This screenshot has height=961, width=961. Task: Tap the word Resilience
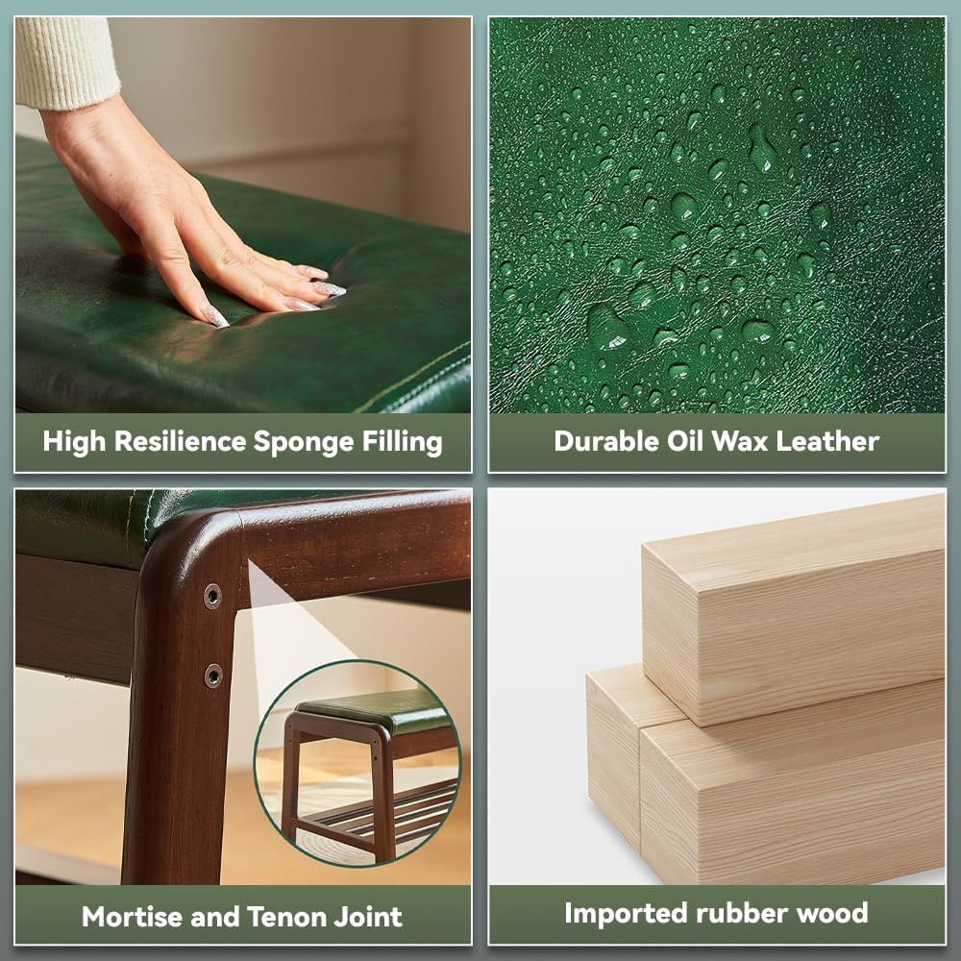[181, 441]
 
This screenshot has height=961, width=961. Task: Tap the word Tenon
[286, 917]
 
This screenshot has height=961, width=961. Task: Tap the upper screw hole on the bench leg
[212, 596]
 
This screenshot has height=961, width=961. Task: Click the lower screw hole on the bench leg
[213, 676]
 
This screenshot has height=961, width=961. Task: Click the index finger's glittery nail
[215, 317]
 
